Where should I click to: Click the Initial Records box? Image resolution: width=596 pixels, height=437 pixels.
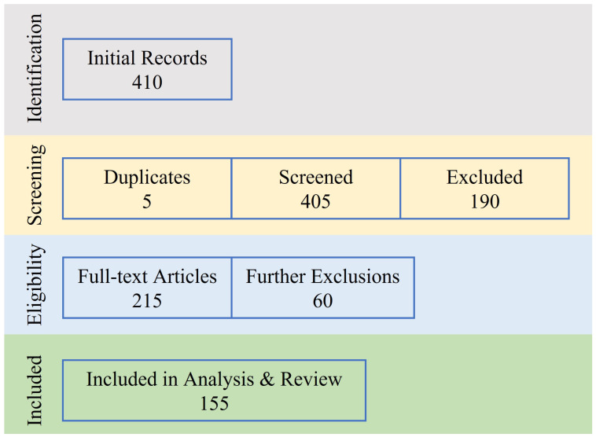tap(147, 69)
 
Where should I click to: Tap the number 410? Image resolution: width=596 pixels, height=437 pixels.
tap(147, 82)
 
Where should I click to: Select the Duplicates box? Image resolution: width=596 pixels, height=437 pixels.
tap(147, 189)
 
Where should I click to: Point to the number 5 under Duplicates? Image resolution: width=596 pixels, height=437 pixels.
tap(147, 201)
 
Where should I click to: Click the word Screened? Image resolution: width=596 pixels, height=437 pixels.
tap(315, 177)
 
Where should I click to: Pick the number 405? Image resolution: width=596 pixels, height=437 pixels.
tap(315, 201)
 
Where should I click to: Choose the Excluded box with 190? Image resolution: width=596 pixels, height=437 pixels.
tap(484, 189)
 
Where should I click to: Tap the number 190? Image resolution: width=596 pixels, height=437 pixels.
tap(484, 201)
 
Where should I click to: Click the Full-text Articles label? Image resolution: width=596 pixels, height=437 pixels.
tap(147, 277)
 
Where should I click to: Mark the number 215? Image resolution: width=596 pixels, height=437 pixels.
tap(147, 300)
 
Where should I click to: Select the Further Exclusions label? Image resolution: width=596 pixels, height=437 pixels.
tap(322, 277)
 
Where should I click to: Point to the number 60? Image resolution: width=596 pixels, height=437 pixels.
tap(322, 300)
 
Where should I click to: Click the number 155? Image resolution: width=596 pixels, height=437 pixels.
tap(214, 403)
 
